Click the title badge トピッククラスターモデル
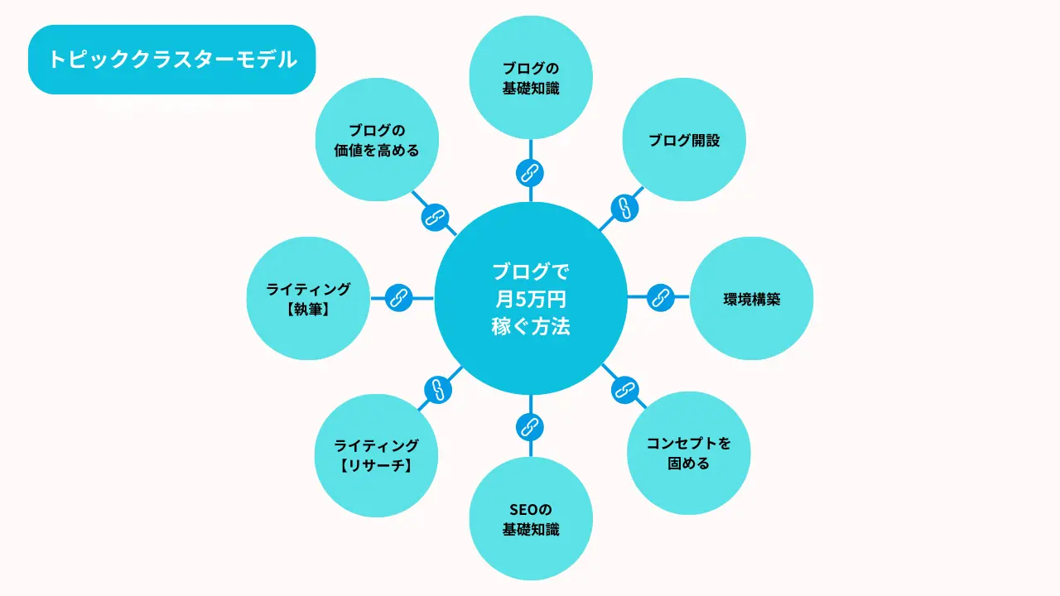tap(171, 60)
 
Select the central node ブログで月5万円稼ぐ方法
tap(531, 298)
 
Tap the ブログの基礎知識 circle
tap(531, 78)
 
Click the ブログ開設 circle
tap(684, 140)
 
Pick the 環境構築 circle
tap(751, 299)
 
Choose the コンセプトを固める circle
tap(689, 453)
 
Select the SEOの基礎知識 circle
tap(531, 519)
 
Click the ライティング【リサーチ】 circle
tap(377, 455)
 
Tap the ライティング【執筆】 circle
tap(309, 299)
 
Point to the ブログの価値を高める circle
tap(377, 140)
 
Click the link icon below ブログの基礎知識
tap(530, 173)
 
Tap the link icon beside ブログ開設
tap(625, 207)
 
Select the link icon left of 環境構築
tap(660, 297)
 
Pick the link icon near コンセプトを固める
tap(624, 389)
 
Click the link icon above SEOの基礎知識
tap(529, 427)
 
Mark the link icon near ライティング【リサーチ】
tap(437, 389)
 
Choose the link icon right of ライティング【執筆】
tap(400, 297)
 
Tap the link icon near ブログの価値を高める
tap(435, 217)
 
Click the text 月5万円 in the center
tap(531, 299)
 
